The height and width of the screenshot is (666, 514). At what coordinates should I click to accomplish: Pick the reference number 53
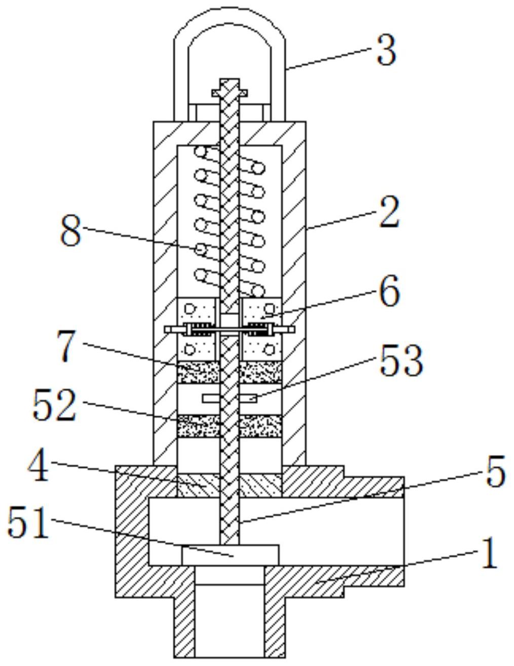tap(401, 365)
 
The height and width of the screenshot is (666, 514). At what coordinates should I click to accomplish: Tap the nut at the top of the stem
tap(229, 93)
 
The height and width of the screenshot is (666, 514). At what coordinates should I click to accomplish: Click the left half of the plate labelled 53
tap(211, 399)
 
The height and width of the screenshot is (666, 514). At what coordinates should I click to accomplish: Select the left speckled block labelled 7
tap(198, 372)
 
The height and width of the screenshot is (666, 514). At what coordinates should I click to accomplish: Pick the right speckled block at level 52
tap(261, 426)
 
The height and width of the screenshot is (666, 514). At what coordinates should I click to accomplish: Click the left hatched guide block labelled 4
tap(198, 485)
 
